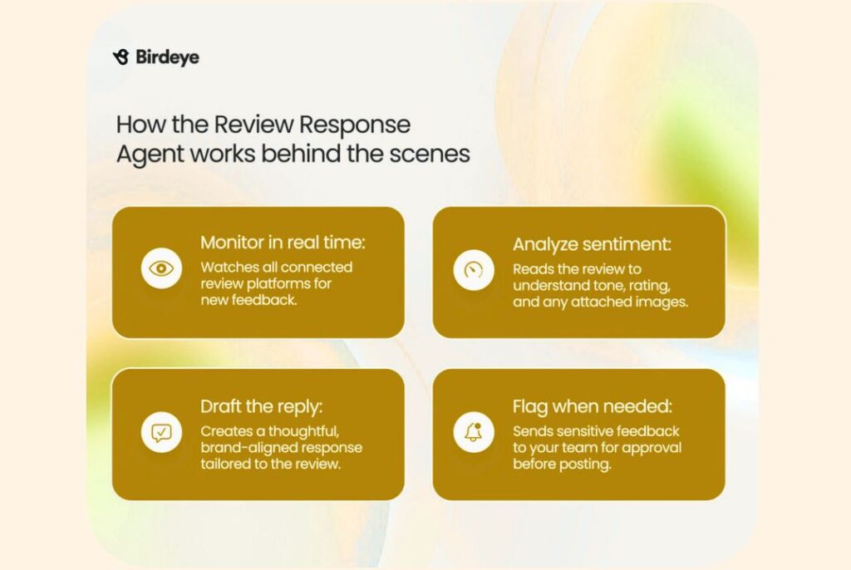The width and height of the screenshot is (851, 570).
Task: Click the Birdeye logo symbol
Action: pyautogui.click(x=121, y=57)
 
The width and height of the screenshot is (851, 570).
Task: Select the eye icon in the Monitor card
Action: pyautogui.click(x=161, y=268)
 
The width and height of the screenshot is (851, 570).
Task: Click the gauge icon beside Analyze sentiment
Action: pyautogui.click(x=474, y=269)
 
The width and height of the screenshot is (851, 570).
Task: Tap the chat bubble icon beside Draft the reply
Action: pyautogui.click(x=161, y=433)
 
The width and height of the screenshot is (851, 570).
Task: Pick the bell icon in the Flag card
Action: pyautogui.click(x=474, y=433)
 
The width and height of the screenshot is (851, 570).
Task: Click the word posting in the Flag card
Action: pyautogui.click(x=587, y=464)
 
